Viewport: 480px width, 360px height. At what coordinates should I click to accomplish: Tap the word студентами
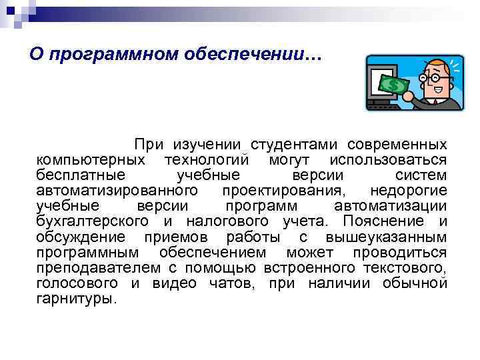[294, 145]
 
